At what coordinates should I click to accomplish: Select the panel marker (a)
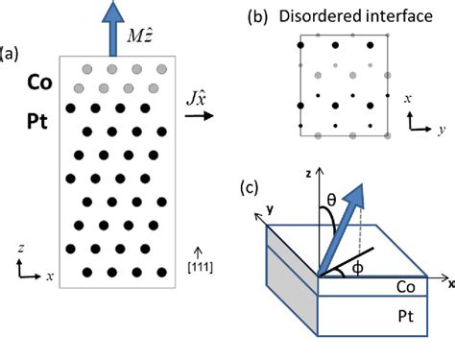pyautogui.click(x=11, y=51)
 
